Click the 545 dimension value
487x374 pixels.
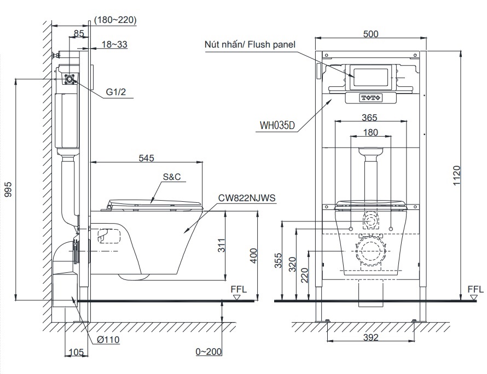coord(146,158)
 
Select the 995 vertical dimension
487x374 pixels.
coord(8,189)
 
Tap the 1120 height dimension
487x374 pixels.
coord(464,176)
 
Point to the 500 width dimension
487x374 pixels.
coord(370,34)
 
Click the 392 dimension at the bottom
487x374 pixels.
coord(370,337)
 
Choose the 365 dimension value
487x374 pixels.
coord(370,117)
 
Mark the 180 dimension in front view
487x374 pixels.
coord(370,132)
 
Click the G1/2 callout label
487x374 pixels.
coord(116,92)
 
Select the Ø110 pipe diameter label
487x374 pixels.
coord(108,340)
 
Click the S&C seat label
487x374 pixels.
coord(172,178)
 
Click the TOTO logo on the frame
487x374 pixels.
coord(370,98)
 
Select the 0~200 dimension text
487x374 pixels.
coord(208,352)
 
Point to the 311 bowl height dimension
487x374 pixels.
coord(219,246)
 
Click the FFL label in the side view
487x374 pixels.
coord(239,289)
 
